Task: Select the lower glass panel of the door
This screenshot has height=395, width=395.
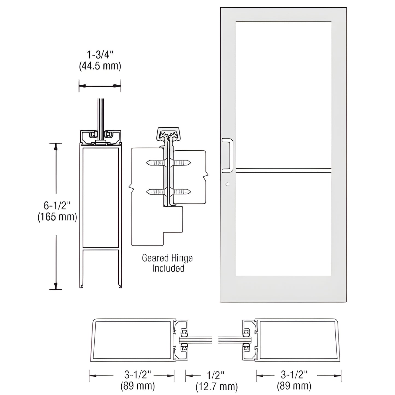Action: click(x=283, y=224)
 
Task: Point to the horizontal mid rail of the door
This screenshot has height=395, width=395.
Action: click(x=283, y=171)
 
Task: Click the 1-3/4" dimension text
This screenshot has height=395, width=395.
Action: click(x=100, y=55)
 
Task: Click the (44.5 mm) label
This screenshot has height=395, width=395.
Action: click(x=100, y=66)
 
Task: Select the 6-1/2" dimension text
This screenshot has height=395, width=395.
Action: click(x=57, y=205)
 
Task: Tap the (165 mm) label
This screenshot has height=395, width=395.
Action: click(x=57, y=217)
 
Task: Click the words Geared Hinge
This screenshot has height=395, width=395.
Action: click(x=167, y=258)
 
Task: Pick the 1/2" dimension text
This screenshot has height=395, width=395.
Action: click(x=216, y=375)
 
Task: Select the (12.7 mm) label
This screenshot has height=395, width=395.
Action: click(x=216, y=387)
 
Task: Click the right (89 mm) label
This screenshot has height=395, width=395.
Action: click(x=294, y=386)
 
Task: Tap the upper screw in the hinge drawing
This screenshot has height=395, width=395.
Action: click(x=168, y=163)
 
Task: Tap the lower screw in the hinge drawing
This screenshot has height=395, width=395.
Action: click(x=168, y=192)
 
